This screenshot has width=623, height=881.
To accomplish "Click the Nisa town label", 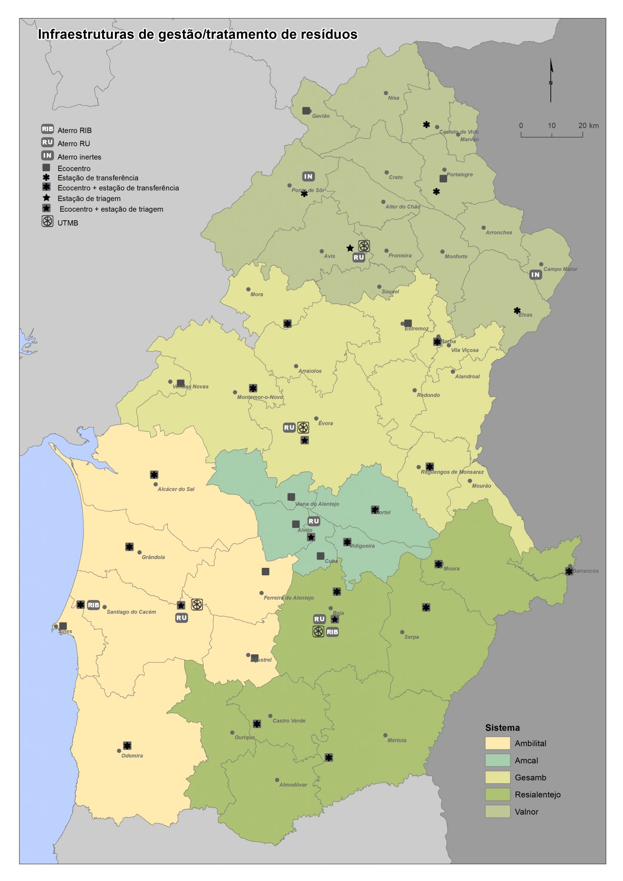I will (393, 98).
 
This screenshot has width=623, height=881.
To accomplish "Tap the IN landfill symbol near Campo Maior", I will (535, 274).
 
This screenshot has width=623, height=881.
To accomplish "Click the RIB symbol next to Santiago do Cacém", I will (93, 605).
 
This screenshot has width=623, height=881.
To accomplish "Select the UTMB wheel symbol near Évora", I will (303, 427).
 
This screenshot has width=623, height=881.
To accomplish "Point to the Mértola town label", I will (396, 740).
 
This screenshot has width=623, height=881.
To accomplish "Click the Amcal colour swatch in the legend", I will (497, 760).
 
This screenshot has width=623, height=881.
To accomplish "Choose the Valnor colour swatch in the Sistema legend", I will (497, 811).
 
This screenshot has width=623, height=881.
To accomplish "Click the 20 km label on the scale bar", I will (588, 126).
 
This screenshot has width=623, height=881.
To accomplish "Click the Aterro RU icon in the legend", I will (47, 142).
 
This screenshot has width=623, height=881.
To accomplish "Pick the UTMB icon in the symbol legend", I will (47, 222).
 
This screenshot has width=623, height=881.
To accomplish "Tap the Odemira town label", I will (132, 755).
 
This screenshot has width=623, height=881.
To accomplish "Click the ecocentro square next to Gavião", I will (306, 111).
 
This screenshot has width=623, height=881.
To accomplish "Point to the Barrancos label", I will (586, 571).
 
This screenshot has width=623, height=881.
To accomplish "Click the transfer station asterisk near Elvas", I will (517, 310).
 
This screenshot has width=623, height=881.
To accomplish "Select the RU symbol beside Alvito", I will (314, 521).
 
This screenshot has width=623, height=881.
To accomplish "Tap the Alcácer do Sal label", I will (176, 489).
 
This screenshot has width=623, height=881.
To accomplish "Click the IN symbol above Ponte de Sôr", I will (308, 176).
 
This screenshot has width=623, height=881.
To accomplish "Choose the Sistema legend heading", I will (502, 728).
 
